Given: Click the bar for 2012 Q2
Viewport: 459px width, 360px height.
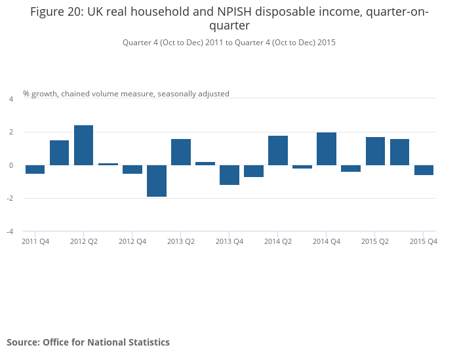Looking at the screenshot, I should pos(83,145).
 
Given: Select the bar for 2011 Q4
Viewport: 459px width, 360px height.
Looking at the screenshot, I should pos(35,169).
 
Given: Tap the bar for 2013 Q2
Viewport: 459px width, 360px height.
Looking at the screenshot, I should pos(180,151).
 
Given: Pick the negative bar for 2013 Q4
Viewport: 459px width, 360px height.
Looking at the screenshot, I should pos(229,174).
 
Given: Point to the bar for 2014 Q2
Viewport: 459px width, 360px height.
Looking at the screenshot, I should pos(277,150).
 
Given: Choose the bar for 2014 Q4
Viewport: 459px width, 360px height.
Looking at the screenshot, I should pos(326,149).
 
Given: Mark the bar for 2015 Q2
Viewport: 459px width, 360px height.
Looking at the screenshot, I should pos(374,151).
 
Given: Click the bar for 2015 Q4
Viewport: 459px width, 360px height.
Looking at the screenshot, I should pos(423,170).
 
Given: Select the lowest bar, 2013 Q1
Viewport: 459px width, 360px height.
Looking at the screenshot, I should pos(156,180).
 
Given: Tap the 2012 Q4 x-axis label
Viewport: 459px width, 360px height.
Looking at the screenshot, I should pos(132,241).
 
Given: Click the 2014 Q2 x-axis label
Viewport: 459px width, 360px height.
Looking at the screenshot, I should pos(278,241).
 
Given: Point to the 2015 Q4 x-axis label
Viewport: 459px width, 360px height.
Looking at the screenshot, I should pos(424,241).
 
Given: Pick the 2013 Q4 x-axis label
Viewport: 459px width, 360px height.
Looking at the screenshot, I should pos(229,241).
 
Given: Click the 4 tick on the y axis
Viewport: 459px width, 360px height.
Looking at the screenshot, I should pos(10,99).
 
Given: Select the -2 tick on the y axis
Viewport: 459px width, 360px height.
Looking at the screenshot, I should pos(9,199).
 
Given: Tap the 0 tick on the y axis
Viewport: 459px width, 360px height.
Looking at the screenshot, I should pos(10,165).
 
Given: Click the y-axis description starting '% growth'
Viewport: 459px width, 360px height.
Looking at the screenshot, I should pos(126,94).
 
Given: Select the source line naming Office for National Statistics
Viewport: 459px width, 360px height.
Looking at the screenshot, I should pos(88,342).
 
